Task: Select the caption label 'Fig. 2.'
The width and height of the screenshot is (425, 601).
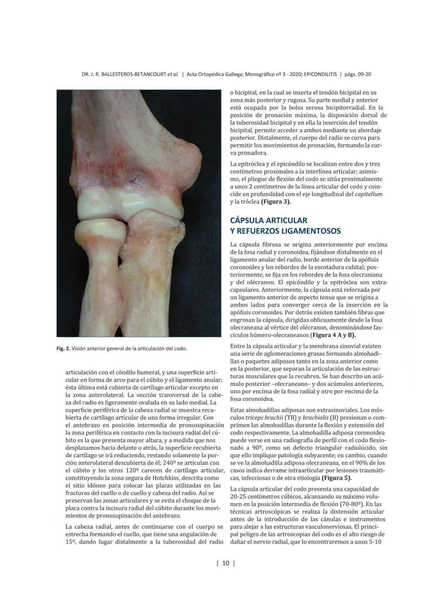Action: click(63, 349)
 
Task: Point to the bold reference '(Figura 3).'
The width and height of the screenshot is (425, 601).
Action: click(276, 202)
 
